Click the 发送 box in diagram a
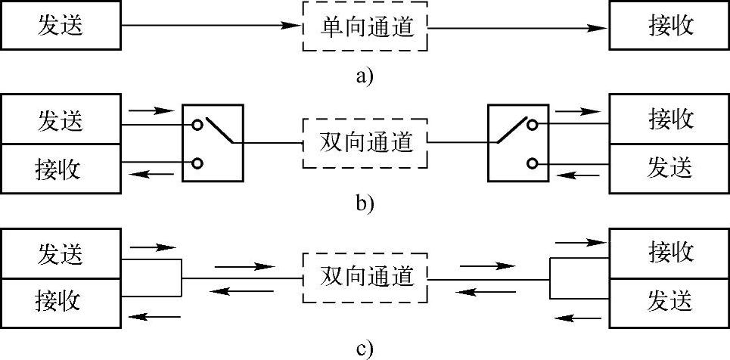pyautogui.click(x=60, y=26)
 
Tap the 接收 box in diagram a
pyautogui.click(x=669, y=26)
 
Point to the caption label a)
pyautogui.click(x=364, y=76)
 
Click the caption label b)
pyautogui.click(x=364, y=203)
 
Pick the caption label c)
pyautogui.click(x=364, y=349)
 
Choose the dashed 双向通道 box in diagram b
pyautogui.click(x=364, y=142)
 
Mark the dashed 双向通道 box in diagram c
pyautogui.click(x=364, y=277)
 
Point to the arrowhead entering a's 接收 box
pyautogui.click(x=602, y=27)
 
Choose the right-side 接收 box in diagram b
pyautogui.click(x=669, y=120)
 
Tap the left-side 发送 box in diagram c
pyautogui.click(x=60, y=255)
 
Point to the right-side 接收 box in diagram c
pyautogui.click(x=669, y=254)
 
